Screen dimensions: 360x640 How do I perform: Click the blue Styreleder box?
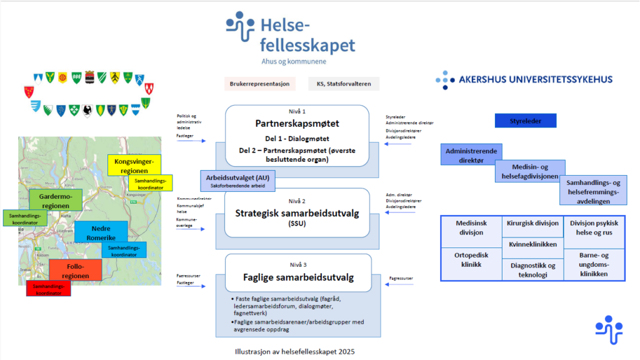coord(525,121)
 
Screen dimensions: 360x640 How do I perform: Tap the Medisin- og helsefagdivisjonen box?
coord(530,171)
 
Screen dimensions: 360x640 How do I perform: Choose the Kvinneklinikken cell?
coord(532,244)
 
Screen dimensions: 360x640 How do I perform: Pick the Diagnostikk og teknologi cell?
coord(532,270)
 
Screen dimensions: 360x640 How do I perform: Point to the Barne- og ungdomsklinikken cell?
coord(594,264)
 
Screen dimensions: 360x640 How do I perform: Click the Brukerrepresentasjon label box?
coord(259,84)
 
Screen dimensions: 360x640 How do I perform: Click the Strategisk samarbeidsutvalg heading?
coord(297,213)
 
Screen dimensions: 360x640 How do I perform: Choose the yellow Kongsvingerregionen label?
coord(134,166)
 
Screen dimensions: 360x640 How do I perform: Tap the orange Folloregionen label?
coord(75,271)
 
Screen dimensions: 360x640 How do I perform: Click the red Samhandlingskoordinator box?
coord(48,289)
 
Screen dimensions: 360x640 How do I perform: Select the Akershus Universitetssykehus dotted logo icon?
coord(444,80)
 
